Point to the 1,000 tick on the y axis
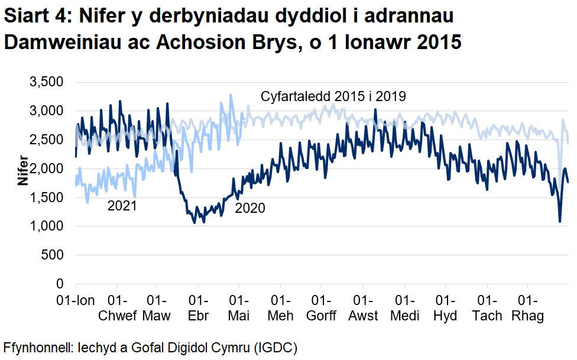point(46,226)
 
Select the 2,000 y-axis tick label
point(46,168)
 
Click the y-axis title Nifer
point(22,169)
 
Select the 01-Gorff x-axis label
point(321,307)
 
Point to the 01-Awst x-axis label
point(363,307)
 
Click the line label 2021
point(122,206)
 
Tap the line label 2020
point(250,208)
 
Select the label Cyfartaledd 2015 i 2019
point(333,96)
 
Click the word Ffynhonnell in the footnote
point(36,346)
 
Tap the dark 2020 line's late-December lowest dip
point(560,222)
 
